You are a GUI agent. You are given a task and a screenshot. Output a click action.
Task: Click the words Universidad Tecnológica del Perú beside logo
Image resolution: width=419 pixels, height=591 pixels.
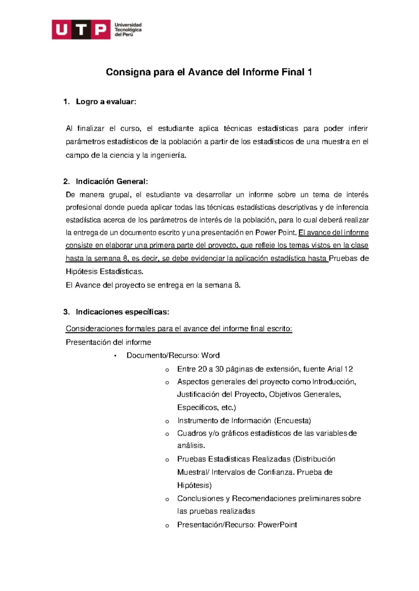[128, 30]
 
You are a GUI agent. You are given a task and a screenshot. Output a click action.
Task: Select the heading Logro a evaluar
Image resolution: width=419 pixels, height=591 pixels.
[106, 102]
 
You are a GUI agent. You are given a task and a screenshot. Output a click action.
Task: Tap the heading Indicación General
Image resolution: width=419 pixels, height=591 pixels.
[112, 181]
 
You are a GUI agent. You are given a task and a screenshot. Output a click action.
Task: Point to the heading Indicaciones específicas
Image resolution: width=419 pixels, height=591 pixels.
[122, 312]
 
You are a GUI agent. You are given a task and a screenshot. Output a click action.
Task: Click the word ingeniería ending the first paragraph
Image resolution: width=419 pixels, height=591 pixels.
[168, 155]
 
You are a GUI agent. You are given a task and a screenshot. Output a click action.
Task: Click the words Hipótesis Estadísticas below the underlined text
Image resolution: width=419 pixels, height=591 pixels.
[104, 271]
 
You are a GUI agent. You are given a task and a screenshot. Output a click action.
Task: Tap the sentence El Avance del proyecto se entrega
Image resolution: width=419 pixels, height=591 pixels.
[153, 285]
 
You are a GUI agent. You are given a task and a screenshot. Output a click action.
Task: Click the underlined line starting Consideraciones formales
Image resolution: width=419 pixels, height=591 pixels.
[179, 329]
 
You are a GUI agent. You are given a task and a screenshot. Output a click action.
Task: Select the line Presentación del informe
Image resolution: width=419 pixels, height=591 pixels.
[108, 342]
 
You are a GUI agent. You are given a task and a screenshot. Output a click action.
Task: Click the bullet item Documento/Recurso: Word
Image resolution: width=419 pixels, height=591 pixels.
[173, 355]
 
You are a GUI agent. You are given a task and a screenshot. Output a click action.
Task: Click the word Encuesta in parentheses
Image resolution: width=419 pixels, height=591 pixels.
[293, 421]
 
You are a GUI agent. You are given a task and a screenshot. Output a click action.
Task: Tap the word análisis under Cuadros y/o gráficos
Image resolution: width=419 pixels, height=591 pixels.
[191, 446]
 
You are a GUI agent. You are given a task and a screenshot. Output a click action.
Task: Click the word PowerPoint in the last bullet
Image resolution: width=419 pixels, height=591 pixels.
[277, 525]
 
